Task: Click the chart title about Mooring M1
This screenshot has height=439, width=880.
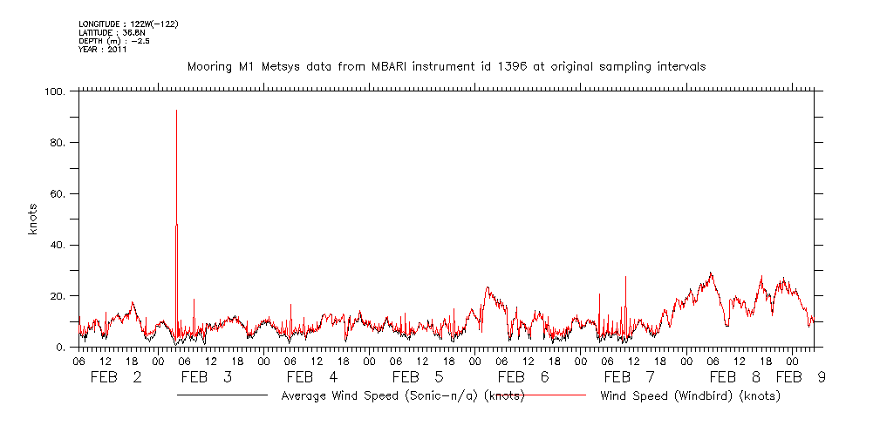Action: pyautogui.click(x=447, y=66)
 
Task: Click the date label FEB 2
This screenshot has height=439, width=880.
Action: pyautogui.click(x=117, y=377)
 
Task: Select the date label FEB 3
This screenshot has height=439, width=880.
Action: pyautogui.click(x=206, y=377)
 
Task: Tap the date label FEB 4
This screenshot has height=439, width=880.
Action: pyautogui.click(x=311, y=377)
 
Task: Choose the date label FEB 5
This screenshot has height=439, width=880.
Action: pyautogui.click(x=418, y=377)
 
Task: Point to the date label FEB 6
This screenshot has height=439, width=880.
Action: pyautogui.click(x=523, y=377)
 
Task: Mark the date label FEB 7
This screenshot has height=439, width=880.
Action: pyautogui.click(x=629, y=377)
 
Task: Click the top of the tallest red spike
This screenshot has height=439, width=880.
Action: pyautogui.click(x=177, y=111)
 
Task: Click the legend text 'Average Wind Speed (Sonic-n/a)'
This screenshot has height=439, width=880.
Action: pyautogui.click(x=402, y=395)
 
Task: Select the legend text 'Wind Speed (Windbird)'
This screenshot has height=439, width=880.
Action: pyautogui.click(x=690, y=395)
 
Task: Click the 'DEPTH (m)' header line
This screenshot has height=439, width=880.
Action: pyautogui.click(x=114, y=41)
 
